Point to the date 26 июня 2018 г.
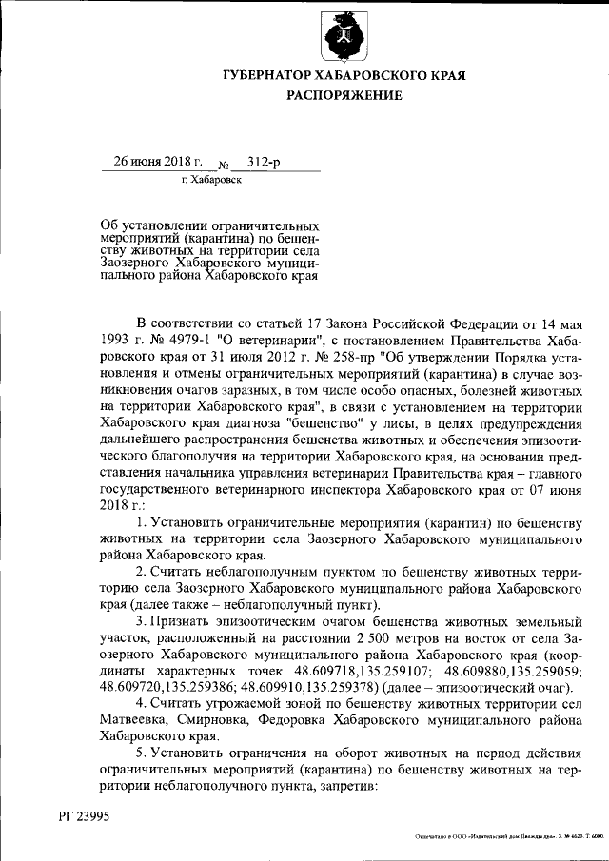tap(152, 162)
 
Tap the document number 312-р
tap(263, 162)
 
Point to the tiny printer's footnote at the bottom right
tap(508, 837)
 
